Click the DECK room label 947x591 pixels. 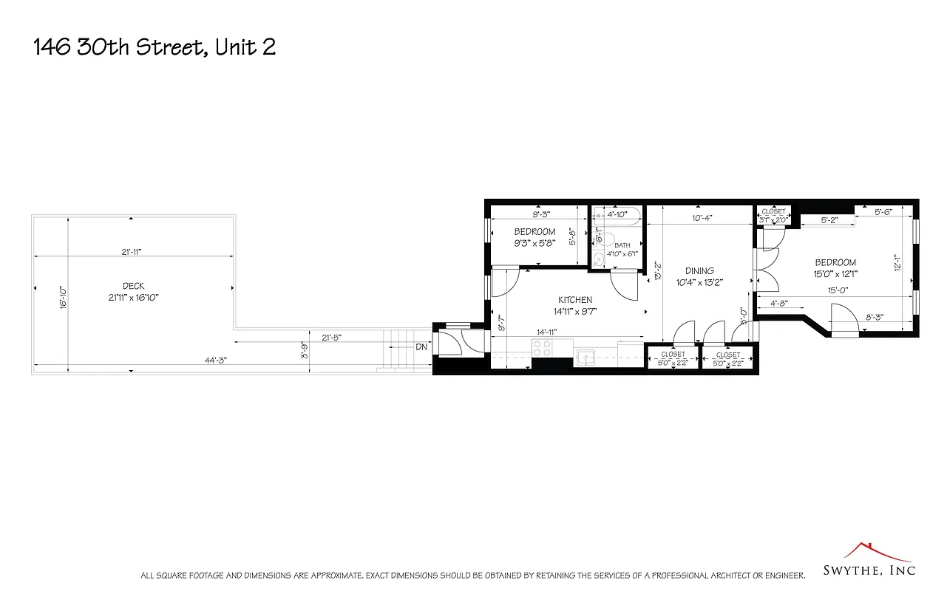click(x=134, y=286)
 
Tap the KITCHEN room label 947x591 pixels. click(x=574, y=299)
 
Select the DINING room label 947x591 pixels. click(x=699, y=270)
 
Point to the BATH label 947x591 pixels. click(x=622, y=245)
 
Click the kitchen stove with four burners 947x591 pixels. click(x=542, y=348)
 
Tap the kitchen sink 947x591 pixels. click(x=586, y=358)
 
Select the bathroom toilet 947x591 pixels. click(x=600, y=258)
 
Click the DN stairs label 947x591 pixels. click(x=421, y=347)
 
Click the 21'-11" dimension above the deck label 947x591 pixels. click(x=132, y=252)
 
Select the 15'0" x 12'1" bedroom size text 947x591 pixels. click(x=835, y=273)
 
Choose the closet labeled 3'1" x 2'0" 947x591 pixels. click(x=773, y=215)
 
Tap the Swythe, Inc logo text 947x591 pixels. click(x=869, y=570)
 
